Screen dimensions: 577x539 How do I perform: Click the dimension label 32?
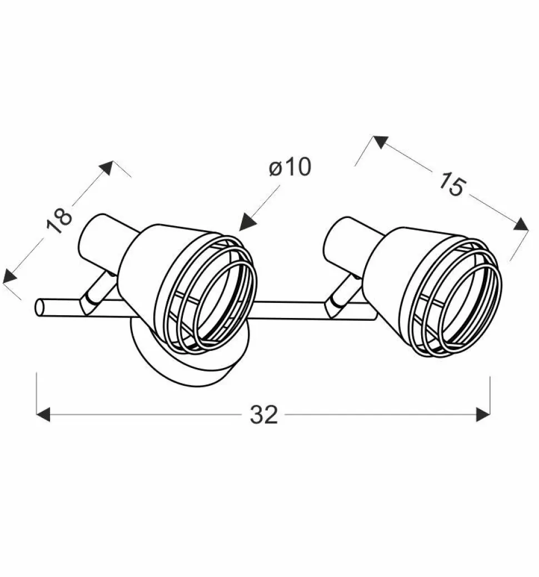click(263, 415)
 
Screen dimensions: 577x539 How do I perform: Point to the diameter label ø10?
click(290, 167)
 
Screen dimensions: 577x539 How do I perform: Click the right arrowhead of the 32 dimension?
click(483, 415)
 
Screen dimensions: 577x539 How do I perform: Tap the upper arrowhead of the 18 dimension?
click(106, 167)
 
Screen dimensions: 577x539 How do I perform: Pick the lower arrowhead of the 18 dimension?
click(10, 276)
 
